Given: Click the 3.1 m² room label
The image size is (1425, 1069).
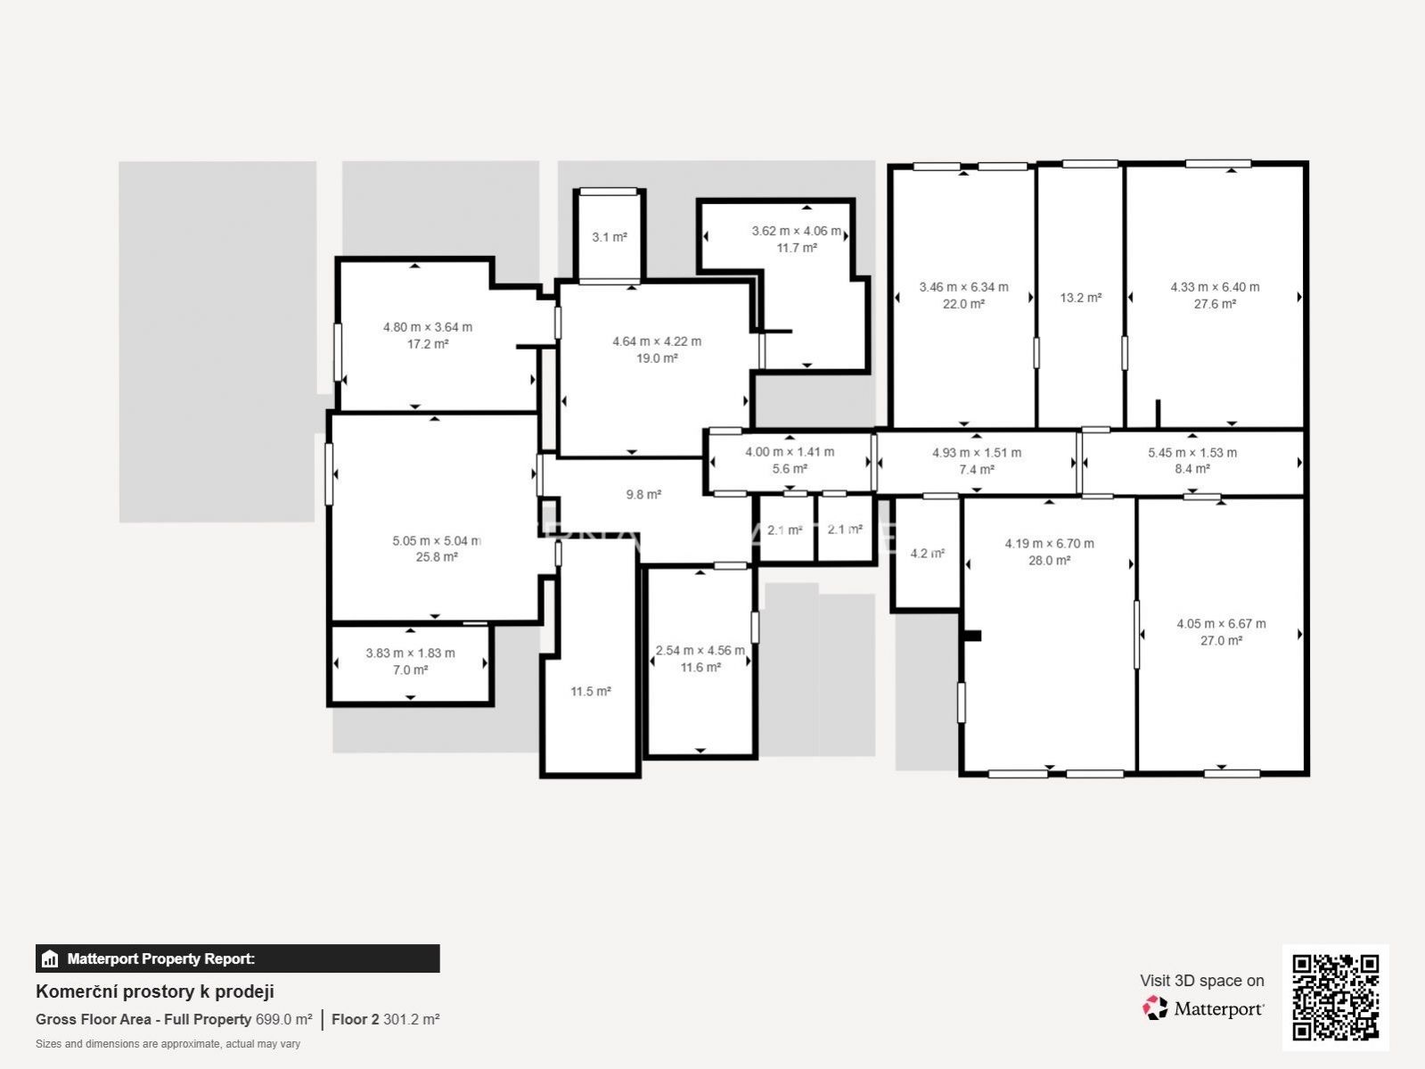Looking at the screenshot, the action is [x=610, y=237].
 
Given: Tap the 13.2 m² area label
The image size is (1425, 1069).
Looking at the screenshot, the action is [x=1081, y=298].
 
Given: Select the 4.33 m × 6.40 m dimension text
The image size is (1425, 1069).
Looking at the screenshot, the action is [x=1215, y=286].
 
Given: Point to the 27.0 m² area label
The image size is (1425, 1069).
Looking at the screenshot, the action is [x=1221, y=640].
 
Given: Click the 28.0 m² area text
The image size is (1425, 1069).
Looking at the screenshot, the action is [x=1049, y=560].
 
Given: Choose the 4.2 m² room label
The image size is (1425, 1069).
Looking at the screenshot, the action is [x=927, y=554].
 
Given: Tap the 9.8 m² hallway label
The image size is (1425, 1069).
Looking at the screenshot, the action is [x=643, y=494].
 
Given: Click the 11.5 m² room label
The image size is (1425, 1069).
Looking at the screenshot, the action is [x=591, y=691].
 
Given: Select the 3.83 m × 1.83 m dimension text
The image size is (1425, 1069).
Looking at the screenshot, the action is [x=410, y=653].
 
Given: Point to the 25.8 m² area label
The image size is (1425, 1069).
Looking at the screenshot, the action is [x=437, y=556].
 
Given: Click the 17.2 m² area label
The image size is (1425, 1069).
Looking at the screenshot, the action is [x=428, y=343].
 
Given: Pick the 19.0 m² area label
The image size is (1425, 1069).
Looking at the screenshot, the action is [x=657, y=358].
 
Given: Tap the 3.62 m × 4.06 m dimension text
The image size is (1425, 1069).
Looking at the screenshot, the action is [x=797, y=231].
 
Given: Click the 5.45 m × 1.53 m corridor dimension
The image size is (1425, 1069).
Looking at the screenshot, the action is [x=1192, y=452].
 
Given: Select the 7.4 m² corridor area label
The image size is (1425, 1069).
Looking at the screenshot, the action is [x=977, y=469].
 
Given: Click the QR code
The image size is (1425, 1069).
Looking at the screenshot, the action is [x=1335, y=998].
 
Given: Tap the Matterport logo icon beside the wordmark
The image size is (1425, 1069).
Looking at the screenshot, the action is [x=1155, y=1008].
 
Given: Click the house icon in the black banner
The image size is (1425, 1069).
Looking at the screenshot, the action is [x=50, y=958].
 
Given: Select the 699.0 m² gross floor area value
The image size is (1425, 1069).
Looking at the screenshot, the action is [x=283, y=1019].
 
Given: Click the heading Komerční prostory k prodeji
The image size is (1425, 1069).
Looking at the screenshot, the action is [x=155, y=991].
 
